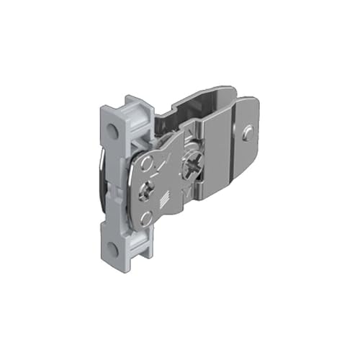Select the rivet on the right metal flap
click(247, 132)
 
